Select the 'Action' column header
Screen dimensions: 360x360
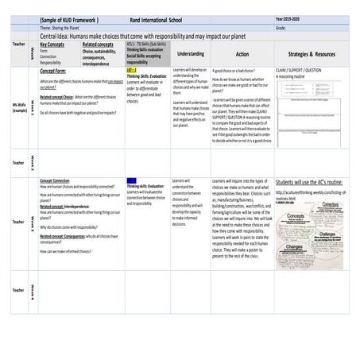(x=242, y=54)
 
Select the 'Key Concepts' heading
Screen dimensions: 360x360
(x=52, y=45)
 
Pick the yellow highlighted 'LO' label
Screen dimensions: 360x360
(x=131, y=71)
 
